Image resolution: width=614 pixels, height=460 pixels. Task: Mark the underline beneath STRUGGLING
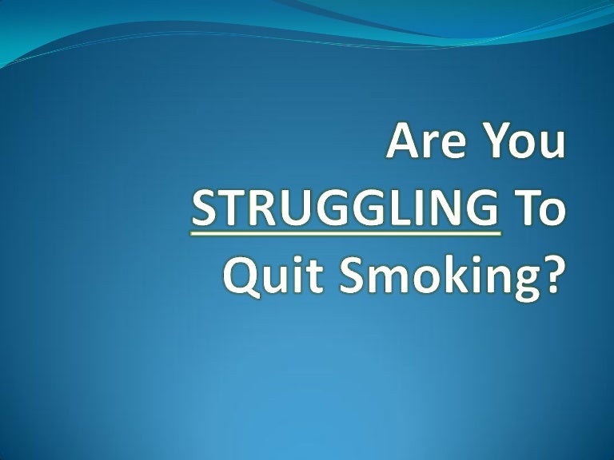coord(345,233)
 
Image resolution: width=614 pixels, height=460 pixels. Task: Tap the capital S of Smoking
coord(351,275)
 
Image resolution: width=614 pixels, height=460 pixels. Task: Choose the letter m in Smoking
coord(387,280)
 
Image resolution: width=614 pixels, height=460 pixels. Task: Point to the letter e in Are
coord(455,145)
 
